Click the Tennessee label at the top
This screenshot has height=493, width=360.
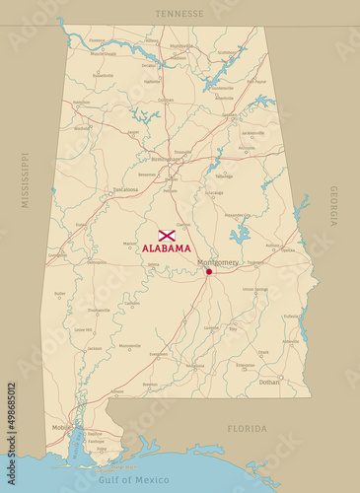coord(180,14)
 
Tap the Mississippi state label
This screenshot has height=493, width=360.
coord(26,179)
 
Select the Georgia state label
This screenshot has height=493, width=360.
coord(333,206)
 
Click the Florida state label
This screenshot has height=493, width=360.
coord(247,429)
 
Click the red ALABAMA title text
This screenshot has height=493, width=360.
coord(167,248)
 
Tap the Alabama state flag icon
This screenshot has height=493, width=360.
coord(167,236)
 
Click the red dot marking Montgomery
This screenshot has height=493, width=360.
coord(208,271)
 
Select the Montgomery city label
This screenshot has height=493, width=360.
coord(218,262)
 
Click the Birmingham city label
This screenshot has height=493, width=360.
coord(165,158)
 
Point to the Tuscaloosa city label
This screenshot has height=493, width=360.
coord(125,189)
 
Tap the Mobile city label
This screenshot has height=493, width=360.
coord(62,427)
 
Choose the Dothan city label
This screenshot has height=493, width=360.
coord(269,382)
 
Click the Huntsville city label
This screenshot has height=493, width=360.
coord(181,45)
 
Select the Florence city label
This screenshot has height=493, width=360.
coord(97,40)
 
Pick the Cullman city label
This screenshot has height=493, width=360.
coord(166,100)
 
